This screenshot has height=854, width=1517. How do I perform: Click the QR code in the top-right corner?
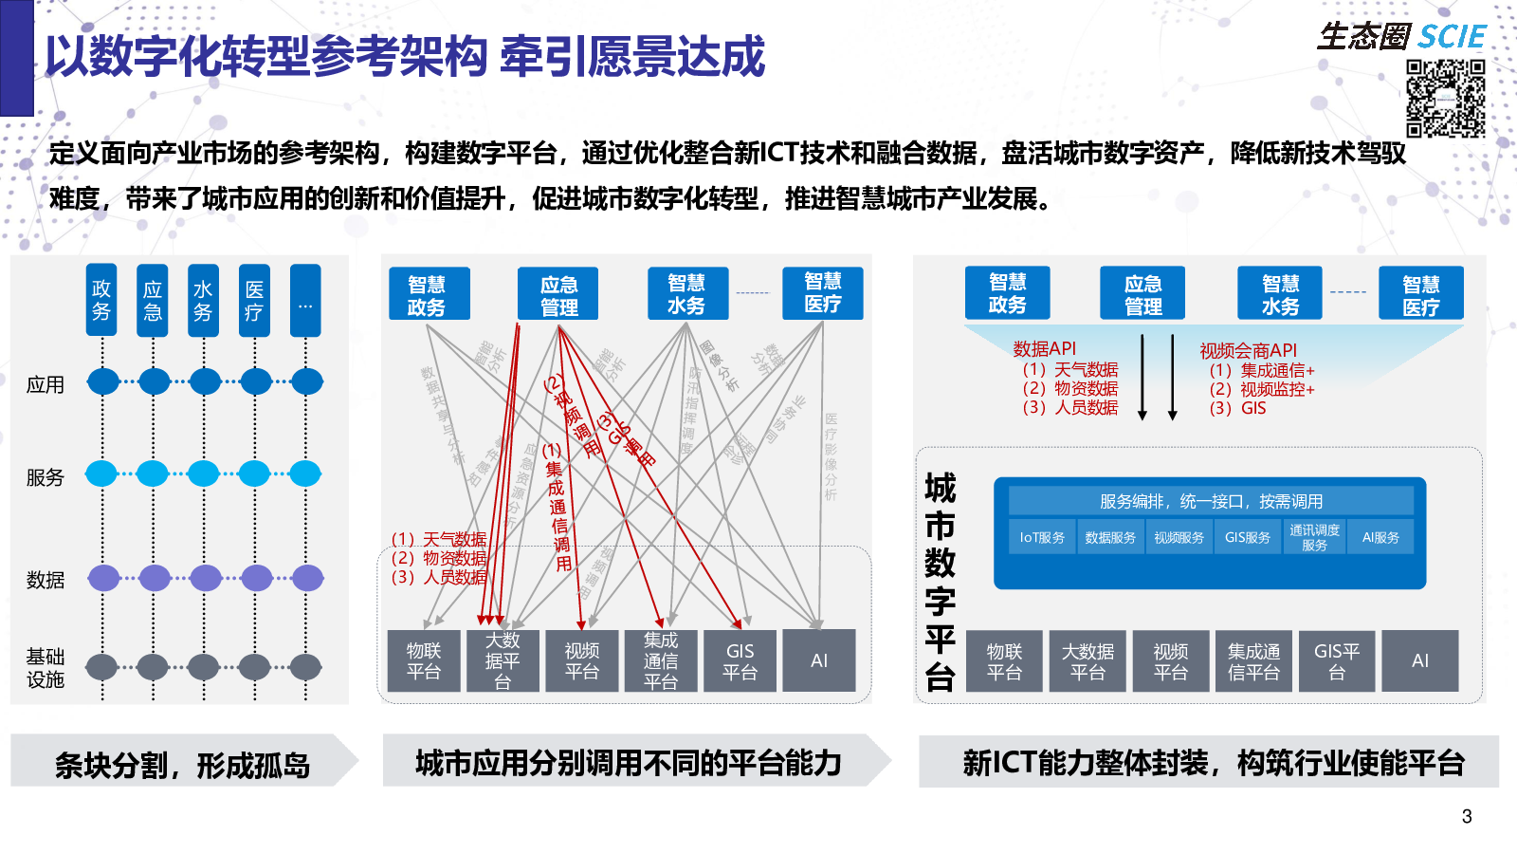(x=1445, y=99)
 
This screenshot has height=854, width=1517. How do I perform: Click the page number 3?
(x=1467, y=817)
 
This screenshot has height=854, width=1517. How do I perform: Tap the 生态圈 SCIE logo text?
(x=1400, y=37)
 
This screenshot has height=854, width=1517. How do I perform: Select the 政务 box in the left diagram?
(x=101, y=300)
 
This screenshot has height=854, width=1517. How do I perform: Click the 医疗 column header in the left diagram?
(x=254, y=300)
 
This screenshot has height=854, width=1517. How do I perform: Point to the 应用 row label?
(x=46, y=385)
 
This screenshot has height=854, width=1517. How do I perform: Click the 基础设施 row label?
(x=46, y=668)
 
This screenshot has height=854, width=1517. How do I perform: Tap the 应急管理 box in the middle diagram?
(x=558, y=294)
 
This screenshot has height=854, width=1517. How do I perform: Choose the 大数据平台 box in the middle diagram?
(x=503, y=660)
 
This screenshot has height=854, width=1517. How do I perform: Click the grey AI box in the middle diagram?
(x=819, y=660)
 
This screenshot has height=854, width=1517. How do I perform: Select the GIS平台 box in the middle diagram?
(x=740, y=661)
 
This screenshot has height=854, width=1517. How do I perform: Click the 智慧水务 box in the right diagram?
(x=1280, y=293)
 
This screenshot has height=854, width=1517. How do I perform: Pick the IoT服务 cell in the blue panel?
(x=1042, y=537)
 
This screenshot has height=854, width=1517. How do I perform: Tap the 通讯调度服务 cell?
(x=1314, y=537)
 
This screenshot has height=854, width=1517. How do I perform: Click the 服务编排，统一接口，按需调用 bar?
(x=1211, y=501)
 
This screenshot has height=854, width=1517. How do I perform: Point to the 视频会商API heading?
(x=1248, y=351)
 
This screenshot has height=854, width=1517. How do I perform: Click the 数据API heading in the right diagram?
(x=1044, y=348)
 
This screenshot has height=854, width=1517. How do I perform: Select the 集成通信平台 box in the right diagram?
(x=1253, y=661)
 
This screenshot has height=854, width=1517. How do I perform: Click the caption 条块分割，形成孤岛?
(x=183, y=765)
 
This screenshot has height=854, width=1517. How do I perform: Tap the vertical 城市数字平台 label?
(x=940, y=582)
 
